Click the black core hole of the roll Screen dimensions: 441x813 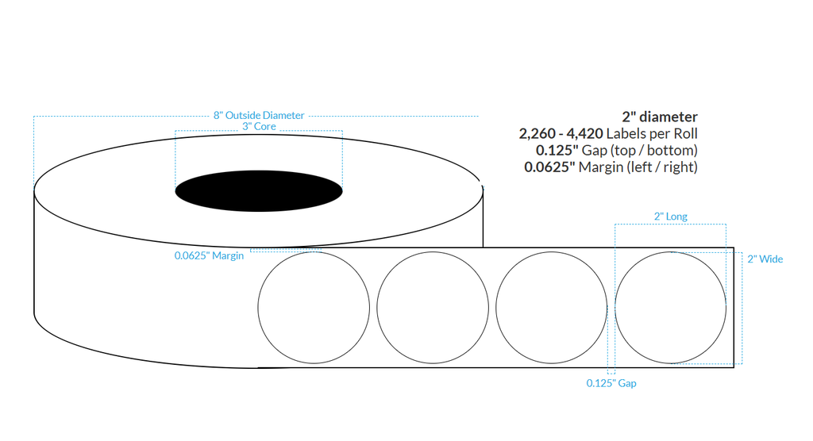[x=259, y=191]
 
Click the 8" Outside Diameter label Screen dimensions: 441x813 [x=259, y=115]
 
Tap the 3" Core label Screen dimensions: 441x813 [x=259, y=126]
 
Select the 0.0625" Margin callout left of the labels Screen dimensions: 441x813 [x=209, y=255]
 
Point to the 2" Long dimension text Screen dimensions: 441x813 [x=670, y=216]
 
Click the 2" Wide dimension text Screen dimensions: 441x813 [x=765, y=259]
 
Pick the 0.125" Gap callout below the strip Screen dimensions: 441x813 [x=611, y=383]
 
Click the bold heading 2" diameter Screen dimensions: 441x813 [x=660, y=117]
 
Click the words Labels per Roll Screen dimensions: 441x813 [x=653, y=134]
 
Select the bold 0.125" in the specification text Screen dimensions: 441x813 [x=558, y=151]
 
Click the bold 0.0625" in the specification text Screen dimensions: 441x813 [x=549, y=167]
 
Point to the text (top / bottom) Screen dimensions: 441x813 [x=657, y=151]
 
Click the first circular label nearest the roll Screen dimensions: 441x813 [x=314, y=308]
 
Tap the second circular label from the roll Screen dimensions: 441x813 [x=433, y=308]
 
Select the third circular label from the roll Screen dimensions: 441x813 [x=551, y=308]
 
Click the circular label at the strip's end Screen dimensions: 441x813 [x=671, y=308]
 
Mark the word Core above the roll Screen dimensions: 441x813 [x=264, y=126]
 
